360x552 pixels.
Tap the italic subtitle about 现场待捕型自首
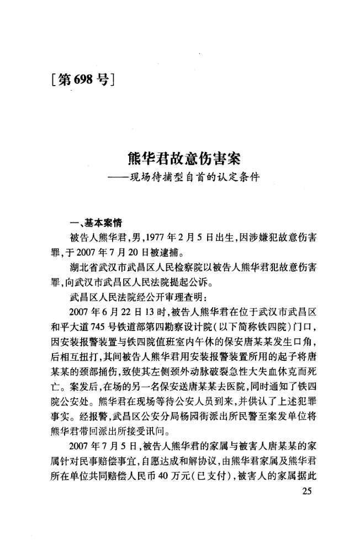[x=190, y=179]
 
